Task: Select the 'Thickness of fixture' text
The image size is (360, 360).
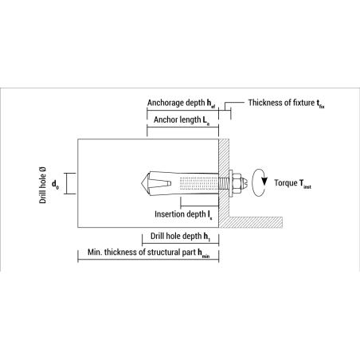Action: [283, 103]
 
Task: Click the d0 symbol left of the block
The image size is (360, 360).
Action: [55, 185]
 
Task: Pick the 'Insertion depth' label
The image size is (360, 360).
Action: [182, 213]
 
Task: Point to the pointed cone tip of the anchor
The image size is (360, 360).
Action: [147, 183]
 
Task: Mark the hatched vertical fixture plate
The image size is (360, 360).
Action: [224, 171]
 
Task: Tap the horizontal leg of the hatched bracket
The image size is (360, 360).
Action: [255, 221]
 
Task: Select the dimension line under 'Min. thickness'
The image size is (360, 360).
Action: [148, 262]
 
